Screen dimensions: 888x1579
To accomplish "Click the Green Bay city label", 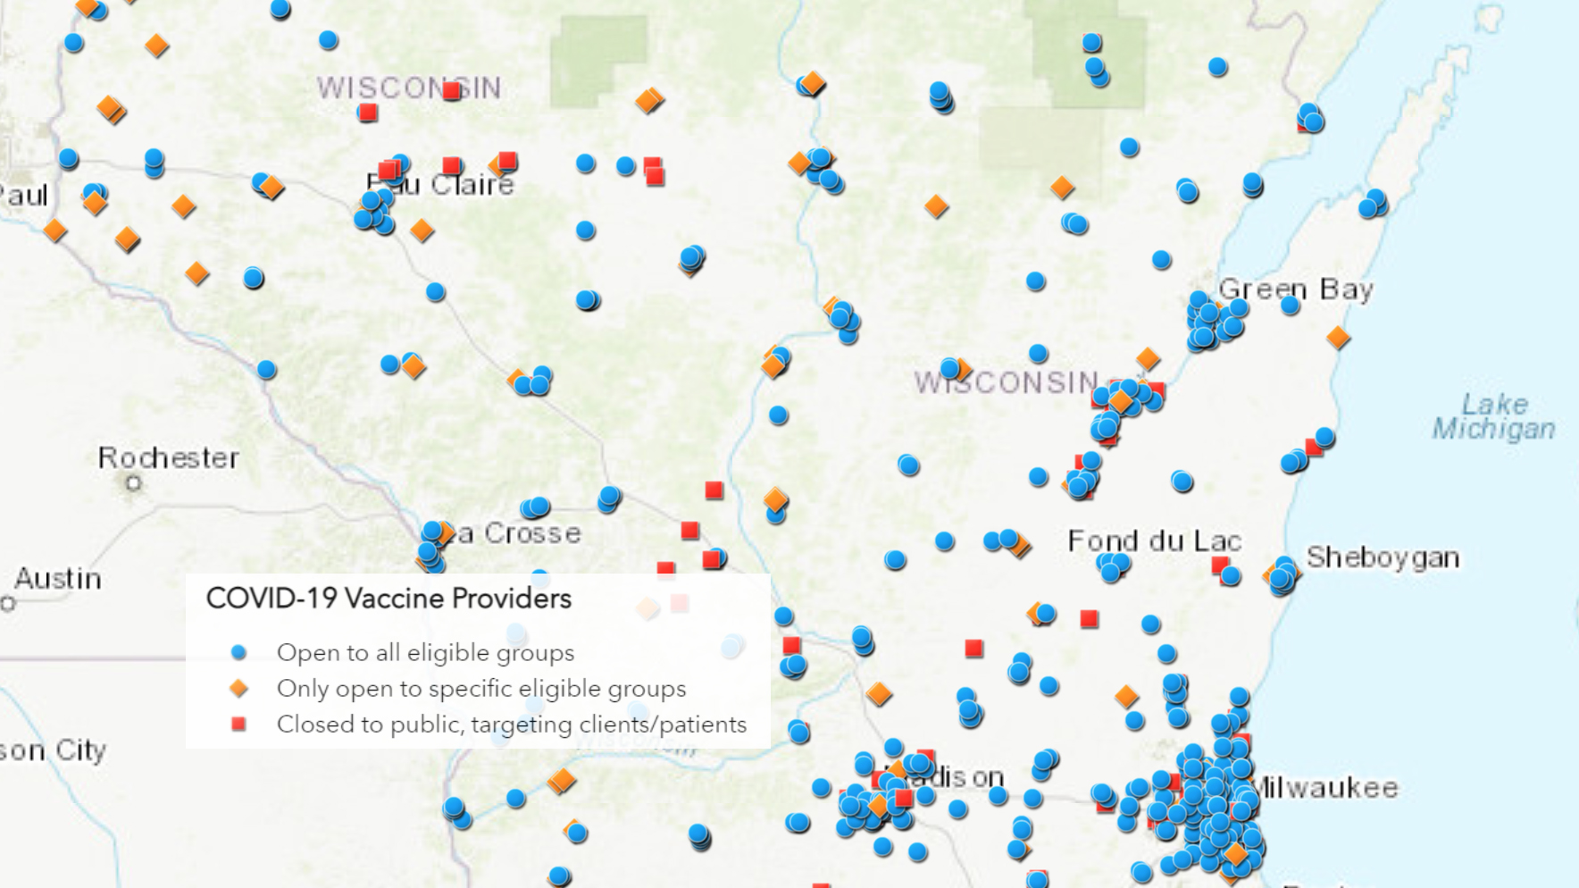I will [1295, 289].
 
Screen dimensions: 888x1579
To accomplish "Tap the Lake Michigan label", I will [1494, 416].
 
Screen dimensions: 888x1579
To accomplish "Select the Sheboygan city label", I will [1383, 557].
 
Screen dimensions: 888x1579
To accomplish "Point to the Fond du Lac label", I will [1154, 540].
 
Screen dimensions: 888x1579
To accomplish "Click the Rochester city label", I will [169, 458].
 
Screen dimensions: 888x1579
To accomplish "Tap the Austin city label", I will [58, 579].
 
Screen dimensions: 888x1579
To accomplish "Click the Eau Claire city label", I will [442, 185].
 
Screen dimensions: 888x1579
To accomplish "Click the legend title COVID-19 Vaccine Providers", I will [388, 599].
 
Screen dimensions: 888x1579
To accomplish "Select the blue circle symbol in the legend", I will [238, 653].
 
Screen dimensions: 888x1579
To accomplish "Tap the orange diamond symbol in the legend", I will [238, 689].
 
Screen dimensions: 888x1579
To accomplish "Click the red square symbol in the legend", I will [238, 725].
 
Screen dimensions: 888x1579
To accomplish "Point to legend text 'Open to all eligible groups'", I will [425, 653].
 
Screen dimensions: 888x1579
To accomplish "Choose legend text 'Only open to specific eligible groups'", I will [481, 689].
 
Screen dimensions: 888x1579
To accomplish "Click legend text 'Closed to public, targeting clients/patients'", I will [511, 725].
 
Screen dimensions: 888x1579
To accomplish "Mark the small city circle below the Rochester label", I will [134, 483].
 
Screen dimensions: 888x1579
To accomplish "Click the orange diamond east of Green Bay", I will [1338, 338].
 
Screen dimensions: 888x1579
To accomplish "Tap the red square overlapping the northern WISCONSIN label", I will [452, 90].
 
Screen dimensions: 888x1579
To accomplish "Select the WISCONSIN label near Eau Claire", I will [409, 88].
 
